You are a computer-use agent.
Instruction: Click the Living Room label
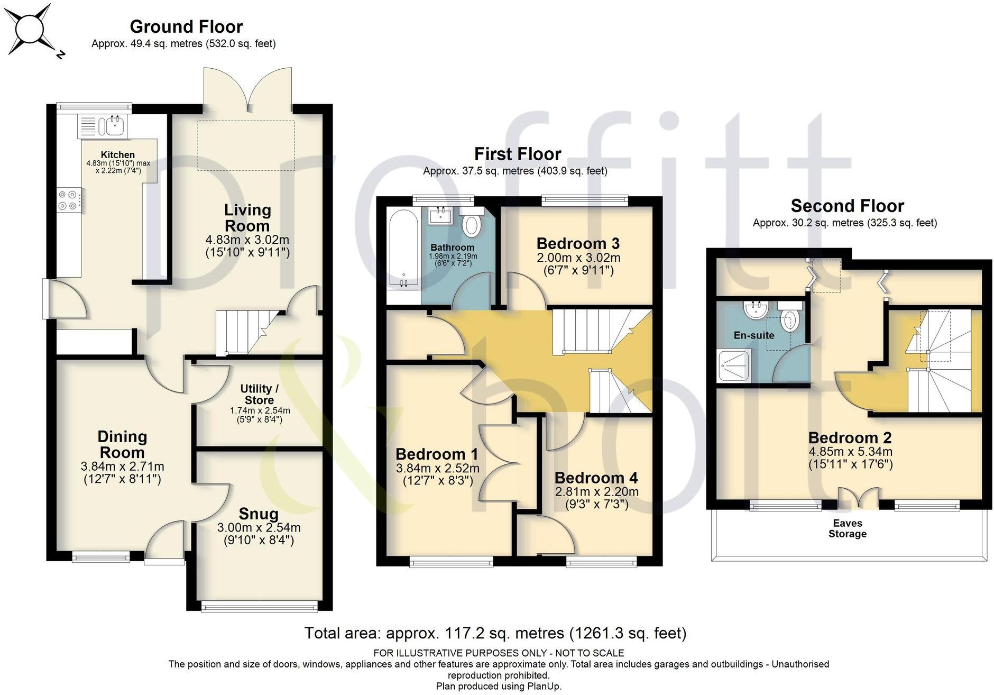tap(247, 217)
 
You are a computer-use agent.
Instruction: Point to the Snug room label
tap(258, 514)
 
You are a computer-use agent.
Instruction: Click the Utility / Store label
tap(259, 395)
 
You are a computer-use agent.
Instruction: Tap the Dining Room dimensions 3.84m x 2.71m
tap(122, 467)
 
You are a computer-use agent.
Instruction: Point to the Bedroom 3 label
tap(577, 243)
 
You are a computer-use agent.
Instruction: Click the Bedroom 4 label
tap(596, 478)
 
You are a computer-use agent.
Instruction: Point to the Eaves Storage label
tap(847, 528)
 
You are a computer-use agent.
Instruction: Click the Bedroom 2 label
tap(850, 437)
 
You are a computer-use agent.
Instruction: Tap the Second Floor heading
tap(847, 205)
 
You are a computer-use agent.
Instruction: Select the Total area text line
tap(495, 633)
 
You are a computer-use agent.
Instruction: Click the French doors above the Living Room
tap(247, 90)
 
